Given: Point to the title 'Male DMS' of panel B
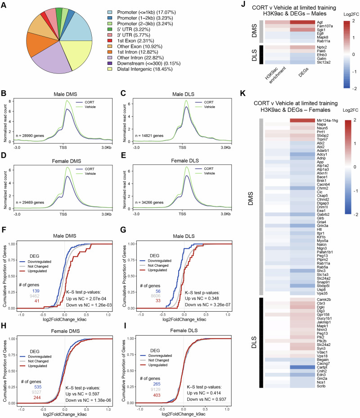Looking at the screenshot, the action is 65,94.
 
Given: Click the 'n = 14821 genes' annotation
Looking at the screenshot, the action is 149,136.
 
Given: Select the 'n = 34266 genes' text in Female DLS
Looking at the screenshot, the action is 149,203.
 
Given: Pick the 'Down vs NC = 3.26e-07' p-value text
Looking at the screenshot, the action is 208,304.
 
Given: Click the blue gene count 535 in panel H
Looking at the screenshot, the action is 38,387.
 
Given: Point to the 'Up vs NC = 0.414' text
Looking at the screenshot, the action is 204,393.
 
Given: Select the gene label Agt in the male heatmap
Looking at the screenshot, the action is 319,22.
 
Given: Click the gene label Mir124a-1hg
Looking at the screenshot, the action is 327,121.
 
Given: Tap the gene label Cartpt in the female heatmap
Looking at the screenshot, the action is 322,367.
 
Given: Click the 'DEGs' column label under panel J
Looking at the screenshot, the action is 303,73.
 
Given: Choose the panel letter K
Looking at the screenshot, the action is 243,93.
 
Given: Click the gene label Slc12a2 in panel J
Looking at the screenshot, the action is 324,62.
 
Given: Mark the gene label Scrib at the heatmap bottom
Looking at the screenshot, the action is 321,386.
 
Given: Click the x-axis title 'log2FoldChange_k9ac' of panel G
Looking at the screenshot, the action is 184,319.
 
